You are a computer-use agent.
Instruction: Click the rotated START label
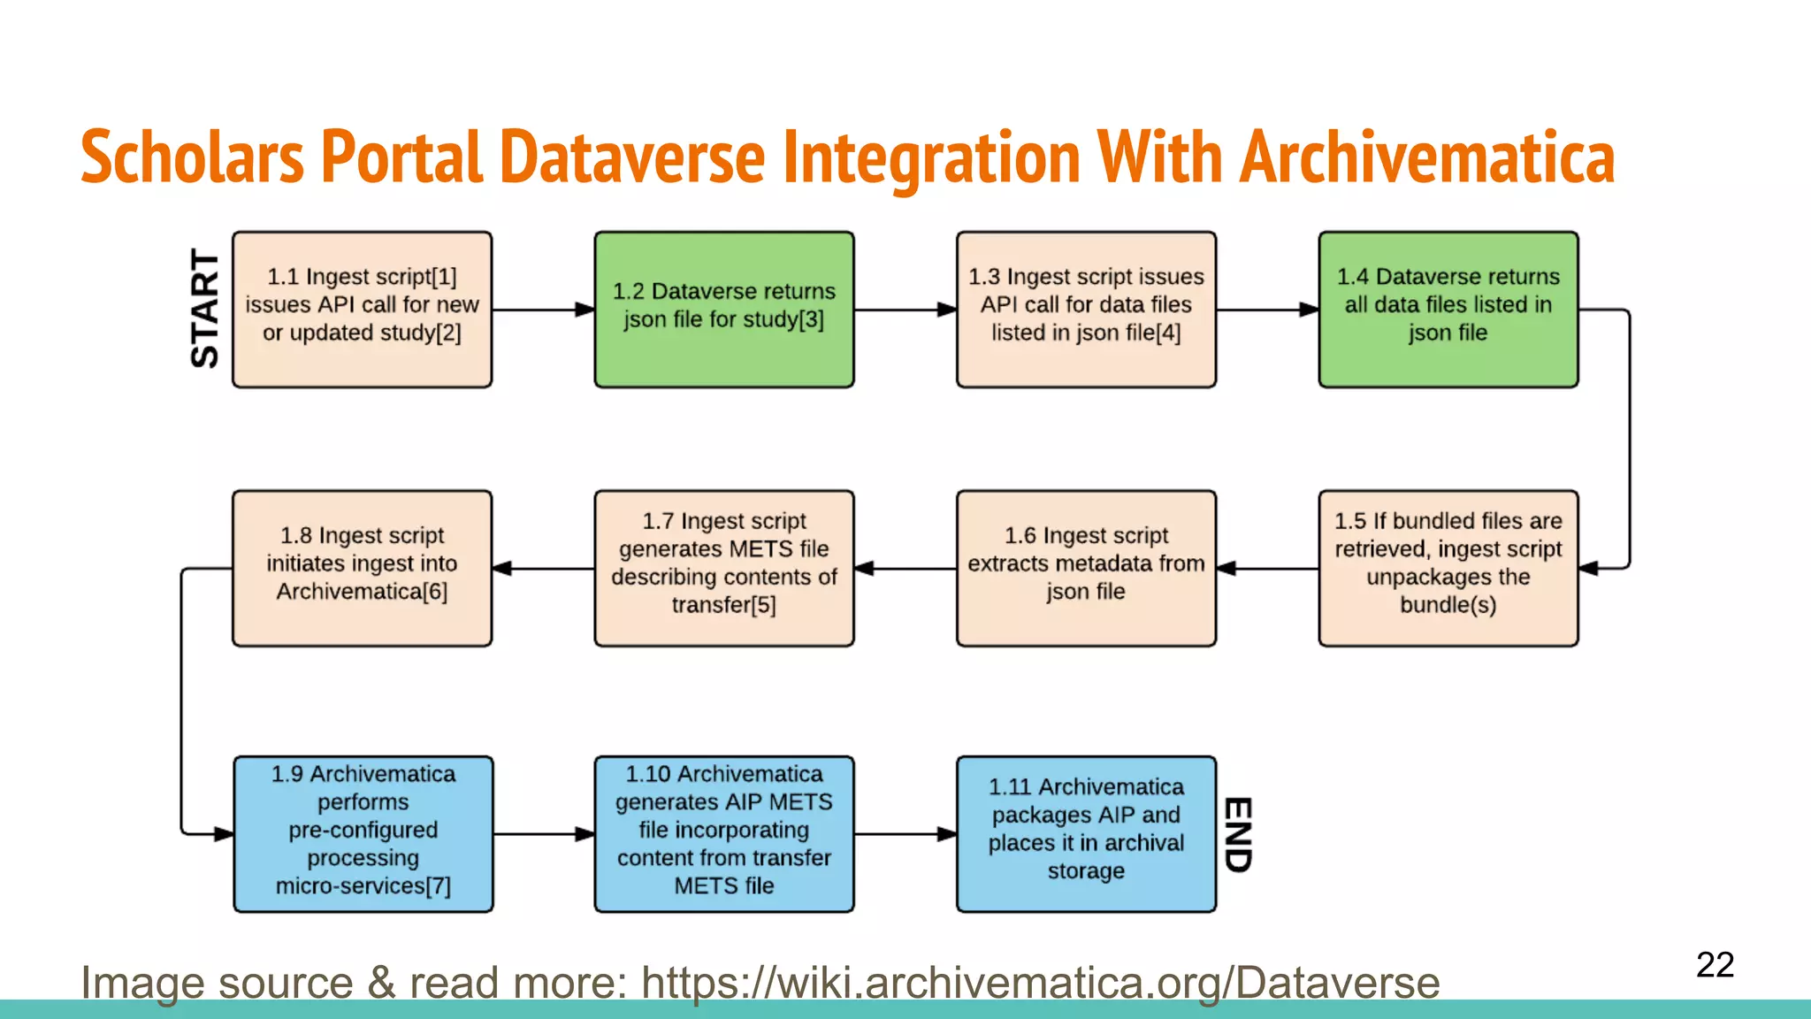coord(205,309)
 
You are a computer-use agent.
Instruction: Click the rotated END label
coord(1237,834)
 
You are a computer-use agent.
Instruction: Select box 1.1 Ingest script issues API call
coord(362,310)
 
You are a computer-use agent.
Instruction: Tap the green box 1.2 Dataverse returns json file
coord(724,310)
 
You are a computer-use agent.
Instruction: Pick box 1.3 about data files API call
coord(1086,310)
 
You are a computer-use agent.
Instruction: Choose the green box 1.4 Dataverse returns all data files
coord(1448,310)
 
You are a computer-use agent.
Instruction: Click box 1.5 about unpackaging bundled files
coord(1448,568)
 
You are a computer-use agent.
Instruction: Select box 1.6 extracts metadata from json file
coord(1086,568)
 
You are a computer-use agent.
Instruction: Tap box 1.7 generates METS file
coord(724,568)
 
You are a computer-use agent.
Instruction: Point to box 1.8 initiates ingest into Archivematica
coord(362,568)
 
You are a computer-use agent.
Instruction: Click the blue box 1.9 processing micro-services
coord(363,833)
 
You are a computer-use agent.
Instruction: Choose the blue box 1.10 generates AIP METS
coord(724,833)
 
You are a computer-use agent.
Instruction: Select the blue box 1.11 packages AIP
coord(1086,833)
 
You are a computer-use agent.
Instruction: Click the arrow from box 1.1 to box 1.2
coord(543,310)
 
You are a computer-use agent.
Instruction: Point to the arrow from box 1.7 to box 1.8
coord(543,568)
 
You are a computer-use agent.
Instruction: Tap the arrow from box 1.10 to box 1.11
coord(905,833)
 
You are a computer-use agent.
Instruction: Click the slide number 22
coord(1715,965)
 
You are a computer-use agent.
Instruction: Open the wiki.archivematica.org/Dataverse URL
coord(1040,983)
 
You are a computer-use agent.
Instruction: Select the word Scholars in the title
coord(192,157)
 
